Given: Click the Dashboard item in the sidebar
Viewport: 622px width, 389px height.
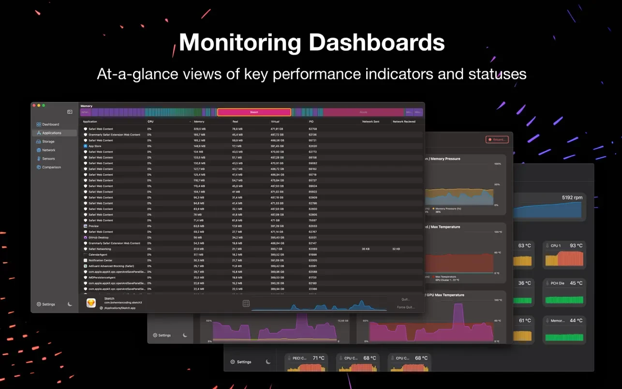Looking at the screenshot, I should (50, 124).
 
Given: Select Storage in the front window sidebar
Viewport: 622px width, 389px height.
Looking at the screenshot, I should (48, 142).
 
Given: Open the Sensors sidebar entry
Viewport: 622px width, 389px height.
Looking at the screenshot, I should (48, 159).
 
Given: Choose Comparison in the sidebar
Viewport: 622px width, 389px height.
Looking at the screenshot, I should (51, 167).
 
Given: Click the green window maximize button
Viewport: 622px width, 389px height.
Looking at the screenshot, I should (44, 105).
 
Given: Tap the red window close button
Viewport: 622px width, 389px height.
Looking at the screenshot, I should (34, 105).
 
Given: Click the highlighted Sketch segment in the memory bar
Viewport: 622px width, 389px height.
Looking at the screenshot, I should (254, 112).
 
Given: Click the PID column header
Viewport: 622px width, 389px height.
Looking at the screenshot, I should (311, 121).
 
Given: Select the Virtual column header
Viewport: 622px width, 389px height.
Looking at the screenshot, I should (275, 121).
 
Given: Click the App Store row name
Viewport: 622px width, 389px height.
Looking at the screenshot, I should (95, 146).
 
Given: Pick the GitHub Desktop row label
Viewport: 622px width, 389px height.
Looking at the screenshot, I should (99, 238).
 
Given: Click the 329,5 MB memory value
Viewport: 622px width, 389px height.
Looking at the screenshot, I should (200, 129).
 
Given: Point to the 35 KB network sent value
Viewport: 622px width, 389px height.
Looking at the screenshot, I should (366, 249).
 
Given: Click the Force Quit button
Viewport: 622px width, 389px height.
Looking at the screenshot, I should (406, 307).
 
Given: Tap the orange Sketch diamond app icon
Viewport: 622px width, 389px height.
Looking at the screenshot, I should (91, 303).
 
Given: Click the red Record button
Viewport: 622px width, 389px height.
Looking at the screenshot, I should (497, 139).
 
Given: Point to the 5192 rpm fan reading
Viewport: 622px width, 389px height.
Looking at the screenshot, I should (572, 198).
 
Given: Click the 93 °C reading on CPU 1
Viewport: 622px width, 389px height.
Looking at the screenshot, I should (576, 246).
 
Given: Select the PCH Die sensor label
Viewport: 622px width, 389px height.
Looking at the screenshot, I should (557, 283).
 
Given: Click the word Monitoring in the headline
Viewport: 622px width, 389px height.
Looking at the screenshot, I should (240, 43).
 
